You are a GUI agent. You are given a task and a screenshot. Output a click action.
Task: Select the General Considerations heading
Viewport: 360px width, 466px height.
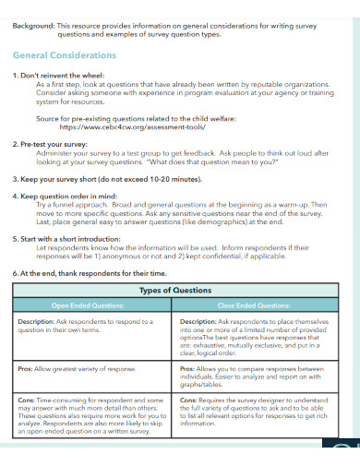tap(65, 55)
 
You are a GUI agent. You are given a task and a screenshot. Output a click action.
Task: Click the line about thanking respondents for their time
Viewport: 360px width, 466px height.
tap(90, 273)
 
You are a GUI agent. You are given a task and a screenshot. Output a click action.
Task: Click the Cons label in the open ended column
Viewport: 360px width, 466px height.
tap(29, 400)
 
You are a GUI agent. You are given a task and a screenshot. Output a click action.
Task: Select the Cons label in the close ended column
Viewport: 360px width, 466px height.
tap(190, 400)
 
